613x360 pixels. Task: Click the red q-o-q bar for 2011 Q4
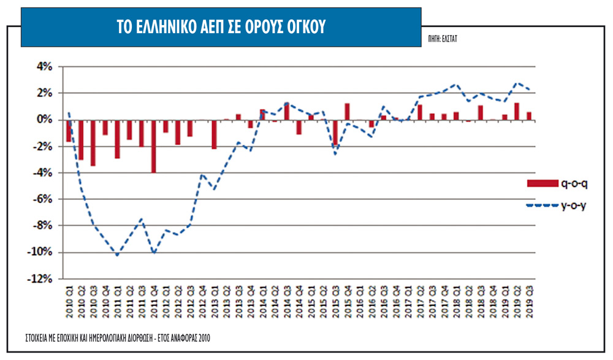pos(153,146)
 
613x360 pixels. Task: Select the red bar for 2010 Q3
pos(93,142)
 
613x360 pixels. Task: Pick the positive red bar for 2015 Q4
pos(347,111)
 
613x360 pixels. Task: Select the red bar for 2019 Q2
pos(517,111)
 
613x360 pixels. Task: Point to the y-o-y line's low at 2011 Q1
pos(117,255)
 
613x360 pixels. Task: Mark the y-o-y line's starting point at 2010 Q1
pos(69,113)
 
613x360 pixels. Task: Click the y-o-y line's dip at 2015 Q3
pos(335,154)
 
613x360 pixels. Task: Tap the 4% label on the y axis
pos(50,66)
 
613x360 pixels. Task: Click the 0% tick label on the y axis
pos(50,120)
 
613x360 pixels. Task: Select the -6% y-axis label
pos(48,199)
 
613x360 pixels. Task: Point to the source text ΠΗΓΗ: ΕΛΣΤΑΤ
pos(444,38)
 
